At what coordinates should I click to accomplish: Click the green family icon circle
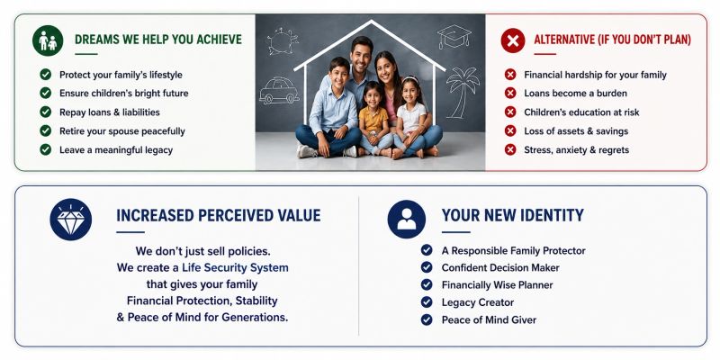click(x=48, y=40)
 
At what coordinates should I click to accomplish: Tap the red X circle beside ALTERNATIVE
click(x=513, y=40)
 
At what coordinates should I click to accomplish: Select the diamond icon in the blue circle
click(x=71, y=219)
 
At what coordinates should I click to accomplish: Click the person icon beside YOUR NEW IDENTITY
click(x=407, y=219)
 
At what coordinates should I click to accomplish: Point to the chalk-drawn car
click(x=279, y=91)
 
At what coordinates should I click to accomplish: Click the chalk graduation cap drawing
click(x=454, y=37)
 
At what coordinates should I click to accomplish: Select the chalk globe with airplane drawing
click(x=282, y=40)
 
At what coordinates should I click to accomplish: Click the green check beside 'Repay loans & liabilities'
click(x=46, y=112)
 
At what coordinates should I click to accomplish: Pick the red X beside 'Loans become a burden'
click(x=510, y=94)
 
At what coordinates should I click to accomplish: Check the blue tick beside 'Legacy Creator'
click(x=427, y=302)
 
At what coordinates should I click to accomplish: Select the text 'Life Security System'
click(x=235, y=267)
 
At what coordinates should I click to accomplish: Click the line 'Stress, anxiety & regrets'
click(x=576, y=149)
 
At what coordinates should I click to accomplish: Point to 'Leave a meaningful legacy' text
click(x=116, y=150)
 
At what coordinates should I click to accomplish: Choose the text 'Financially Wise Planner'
click(x=498, y=285)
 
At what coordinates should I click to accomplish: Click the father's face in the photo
click(x=362, y=53)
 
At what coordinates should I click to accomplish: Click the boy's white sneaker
click(x=307, y=151)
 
